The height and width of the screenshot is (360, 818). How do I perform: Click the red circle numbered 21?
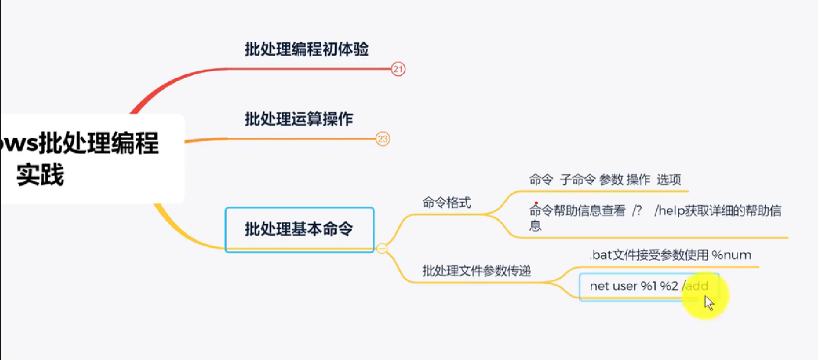[x=398, y=69]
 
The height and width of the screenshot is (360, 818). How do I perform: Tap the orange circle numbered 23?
[x=383, y=139]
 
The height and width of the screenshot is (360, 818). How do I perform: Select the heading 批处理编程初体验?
[x=306, y=49]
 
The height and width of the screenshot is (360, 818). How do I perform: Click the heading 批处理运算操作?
[x=299, y=119]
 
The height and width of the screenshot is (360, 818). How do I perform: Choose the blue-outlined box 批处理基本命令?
[x=299, y=229]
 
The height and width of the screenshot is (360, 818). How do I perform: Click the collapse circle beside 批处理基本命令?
[x=382, y=248]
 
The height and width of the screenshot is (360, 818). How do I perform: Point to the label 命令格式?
[x=446, y=203]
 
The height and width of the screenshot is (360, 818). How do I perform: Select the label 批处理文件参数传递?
[x=476, y=271]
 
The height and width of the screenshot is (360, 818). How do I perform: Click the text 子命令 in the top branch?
[x=577, y=180]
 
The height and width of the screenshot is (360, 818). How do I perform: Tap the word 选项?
[x=668, y=180]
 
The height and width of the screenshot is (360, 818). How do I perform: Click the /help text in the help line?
[x=669, y=211]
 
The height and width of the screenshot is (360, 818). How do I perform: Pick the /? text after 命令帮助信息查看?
[x=637, y=211]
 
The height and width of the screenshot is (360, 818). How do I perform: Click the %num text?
[x=731, y=255]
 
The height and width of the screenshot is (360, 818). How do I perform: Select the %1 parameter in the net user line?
[x=648, y=286]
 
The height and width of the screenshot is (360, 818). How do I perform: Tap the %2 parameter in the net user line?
[x=669, y=286]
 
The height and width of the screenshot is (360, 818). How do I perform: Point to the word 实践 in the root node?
[x=40, y=175]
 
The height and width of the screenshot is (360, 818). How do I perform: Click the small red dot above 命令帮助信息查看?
[x=536, y=203]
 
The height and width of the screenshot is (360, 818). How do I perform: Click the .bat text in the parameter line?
[x=601, y=255]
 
